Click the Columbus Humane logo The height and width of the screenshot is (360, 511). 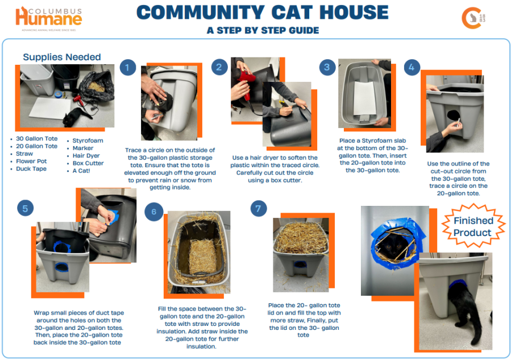[49, 18]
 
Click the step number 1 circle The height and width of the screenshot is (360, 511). [127, 68]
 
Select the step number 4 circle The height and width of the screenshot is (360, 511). [412, 68]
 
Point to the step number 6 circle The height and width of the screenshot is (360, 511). [154, 212]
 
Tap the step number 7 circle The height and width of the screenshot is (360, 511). [259, 208]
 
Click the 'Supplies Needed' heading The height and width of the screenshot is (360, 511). [62, 57]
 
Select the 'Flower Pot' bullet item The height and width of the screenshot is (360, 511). [31, 161]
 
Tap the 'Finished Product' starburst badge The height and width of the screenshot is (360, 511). [473, 226]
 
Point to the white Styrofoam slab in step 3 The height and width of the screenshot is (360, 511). [364, 98]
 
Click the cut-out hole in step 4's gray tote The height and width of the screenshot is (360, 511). [454, 115]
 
